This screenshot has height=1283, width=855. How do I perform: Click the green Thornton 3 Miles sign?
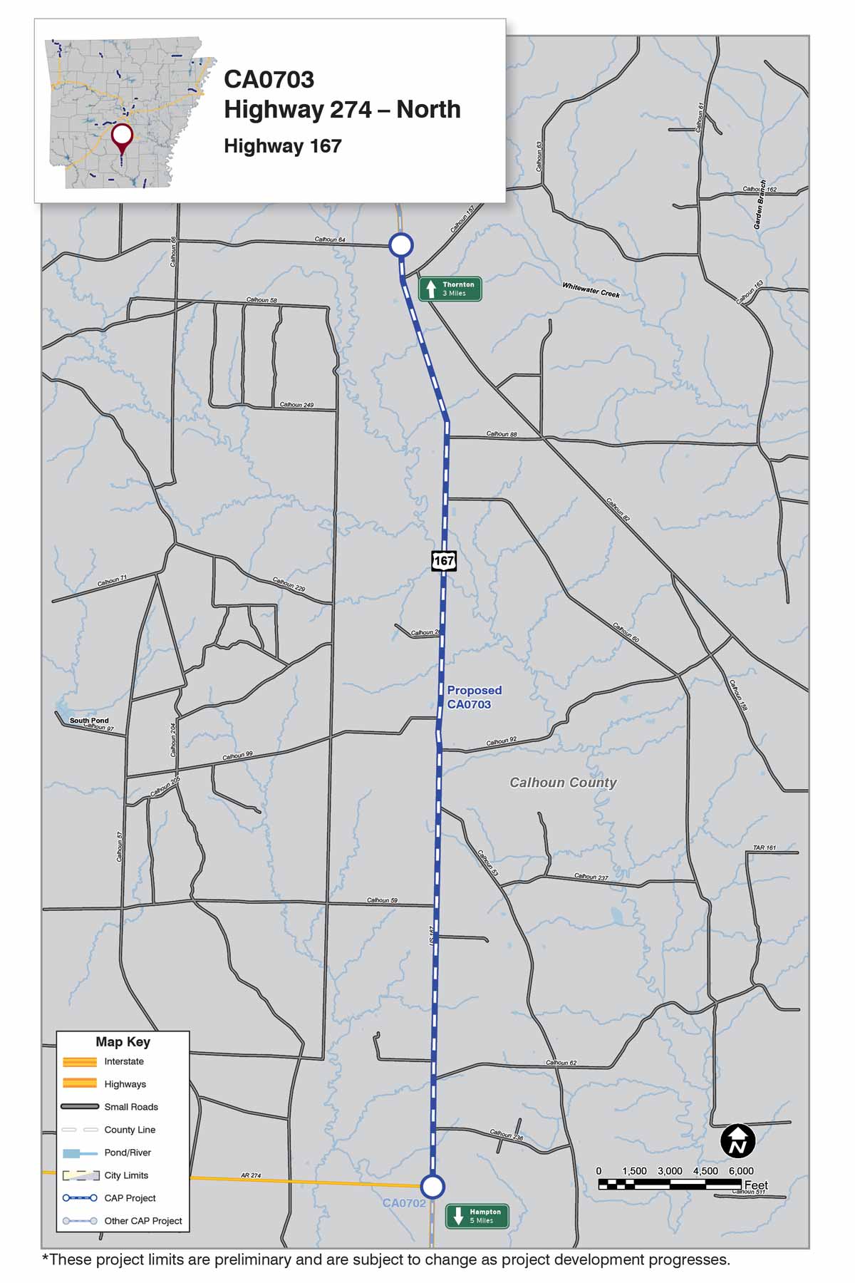tap(450, 289)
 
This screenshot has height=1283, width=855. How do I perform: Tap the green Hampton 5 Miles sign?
tap(477, 1216)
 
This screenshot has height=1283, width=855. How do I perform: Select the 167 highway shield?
tap(444, 560)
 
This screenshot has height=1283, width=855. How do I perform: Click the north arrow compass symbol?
tap(737, 1141)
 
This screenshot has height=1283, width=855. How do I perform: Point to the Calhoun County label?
tap(563, 783)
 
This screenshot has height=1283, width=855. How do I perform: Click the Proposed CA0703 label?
tap(474, 697)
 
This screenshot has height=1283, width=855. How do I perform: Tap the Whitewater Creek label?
tap(591, 290)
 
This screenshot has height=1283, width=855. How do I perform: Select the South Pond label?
tap(89, 721)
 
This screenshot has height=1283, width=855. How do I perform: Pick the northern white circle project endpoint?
tap(401, 245)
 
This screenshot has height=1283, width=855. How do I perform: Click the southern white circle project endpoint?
tap(432, 1187)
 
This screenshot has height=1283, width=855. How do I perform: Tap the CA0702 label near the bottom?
tap(404, 1203)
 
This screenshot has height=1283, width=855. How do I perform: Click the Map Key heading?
tap(123, 1042)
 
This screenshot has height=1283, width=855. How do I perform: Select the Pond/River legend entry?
tap(128, 1153)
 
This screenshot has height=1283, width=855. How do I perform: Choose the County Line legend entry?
tap(130, 1130)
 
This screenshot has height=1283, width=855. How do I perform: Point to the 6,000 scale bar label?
tap(740, 1171)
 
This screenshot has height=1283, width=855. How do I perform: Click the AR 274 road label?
tap(251, 1175)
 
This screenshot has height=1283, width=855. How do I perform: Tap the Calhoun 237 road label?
tap(591, 877)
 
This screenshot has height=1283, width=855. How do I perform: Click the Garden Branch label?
tap(760, 205)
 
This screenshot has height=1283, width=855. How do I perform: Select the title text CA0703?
tap(269, 80)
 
